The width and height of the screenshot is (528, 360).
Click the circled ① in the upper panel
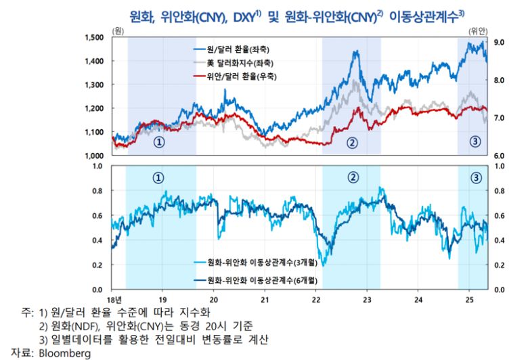158,142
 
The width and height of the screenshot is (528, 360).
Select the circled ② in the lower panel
352,178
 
